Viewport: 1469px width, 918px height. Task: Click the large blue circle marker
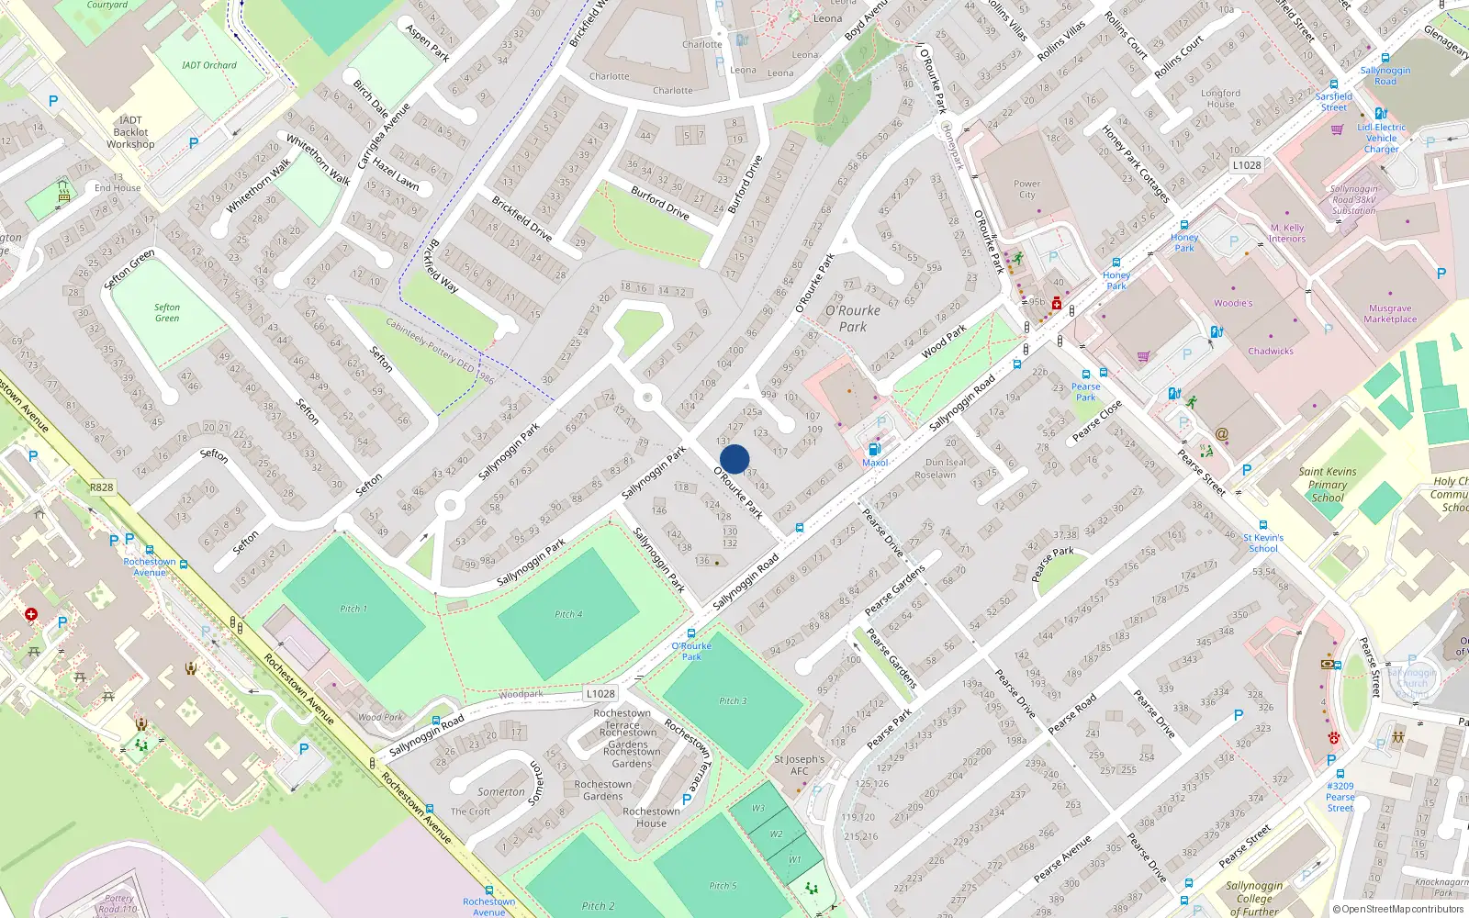734,459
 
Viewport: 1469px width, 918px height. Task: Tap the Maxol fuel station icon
874,449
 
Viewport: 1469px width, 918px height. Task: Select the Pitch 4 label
567,614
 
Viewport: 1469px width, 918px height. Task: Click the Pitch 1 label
353,609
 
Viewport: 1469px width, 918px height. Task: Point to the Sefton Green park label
167,313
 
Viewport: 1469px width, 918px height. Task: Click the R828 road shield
102,487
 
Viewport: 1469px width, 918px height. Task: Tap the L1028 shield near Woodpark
600,694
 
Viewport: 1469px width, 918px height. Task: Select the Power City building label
1026,189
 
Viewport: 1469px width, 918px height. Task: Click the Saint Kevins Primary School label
1327,485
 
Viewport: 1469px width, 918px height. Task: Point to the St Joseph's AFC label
799,765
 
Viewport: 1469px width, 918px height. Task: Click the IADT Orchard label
209,65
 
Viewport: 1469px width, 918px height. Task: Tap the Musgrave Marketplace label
1389,314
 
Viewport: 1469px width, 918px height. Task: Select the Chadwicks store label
1270,351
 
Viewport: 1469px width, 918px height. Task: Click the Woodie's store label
1232,303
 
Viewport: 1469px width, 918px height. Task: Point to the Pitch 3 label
733,700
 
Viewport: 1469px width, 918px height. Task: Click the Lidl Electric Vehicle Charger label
1381,138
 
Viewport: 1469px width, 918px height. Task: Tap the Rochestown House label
651,817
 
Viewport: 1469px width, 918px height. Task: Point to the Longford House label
1220,98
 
